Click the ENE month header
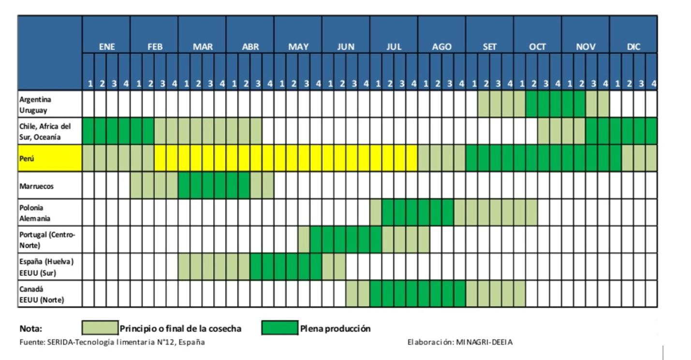[x=107, y=47]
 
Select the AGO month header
[x=441, y=47]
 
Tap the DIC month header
[x=633, y=47]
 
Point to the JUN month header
[x=346, y=47]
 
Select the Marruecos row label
[x=37, y=186]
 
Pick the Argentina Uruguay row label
[x=35, y=104]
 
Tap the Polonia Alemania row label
[x=35, y=213]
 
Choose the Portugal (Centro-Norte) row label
[x=47, y=240]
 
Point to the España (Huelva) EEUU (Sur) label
[x=46, y=267]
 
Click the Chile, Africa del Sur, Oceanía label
[x=45, y=131]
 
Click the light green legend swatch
[x=100, y=328]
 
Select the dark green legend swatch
[x=280, y=328]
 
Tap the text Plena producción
[x=336, y=329]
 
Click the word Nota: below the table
[x=31, y=329]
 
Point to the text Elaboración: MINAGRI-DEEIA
[x=460, y=342]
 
